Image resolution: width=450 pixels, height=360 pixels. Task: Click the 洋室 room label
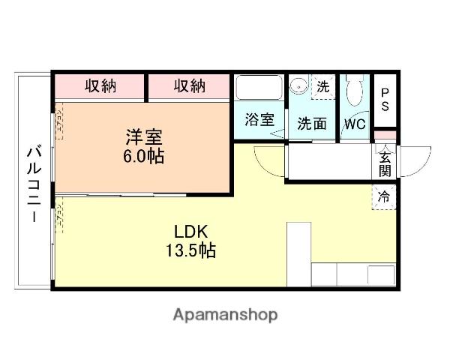coord(144,137)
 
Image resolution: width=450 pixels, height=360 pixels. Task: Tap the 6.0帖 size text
coord(144,157)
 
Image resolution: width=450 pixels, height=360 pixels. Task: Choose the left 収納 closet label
coord(100,86)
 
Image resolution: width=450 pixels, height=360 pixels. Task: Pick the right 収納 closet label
coord(190,86)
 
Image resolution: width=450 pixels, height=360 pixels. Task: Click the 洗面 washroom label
coord(311,124)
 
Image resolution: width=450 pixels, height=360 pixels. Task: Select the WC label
coord(354,124)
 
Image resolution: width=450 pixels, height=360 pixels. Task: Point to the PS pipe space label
coord(385,100)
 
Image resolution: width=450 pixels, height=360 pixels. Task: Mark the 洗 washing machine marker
coord(322,86)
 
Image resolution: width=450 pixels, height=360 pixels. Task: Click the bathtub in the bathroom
coord(258,88)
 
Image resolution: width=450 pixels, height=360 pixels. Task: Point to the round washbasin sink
coord(299,85)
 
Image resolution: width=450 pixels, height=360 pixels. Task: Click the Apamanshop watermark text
coord(224,314)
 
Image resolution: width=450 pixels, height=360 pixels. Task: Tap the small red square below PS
coord(385,135)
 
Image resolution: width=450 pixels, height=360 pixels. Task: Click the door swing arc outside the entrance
coord(418,163)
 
